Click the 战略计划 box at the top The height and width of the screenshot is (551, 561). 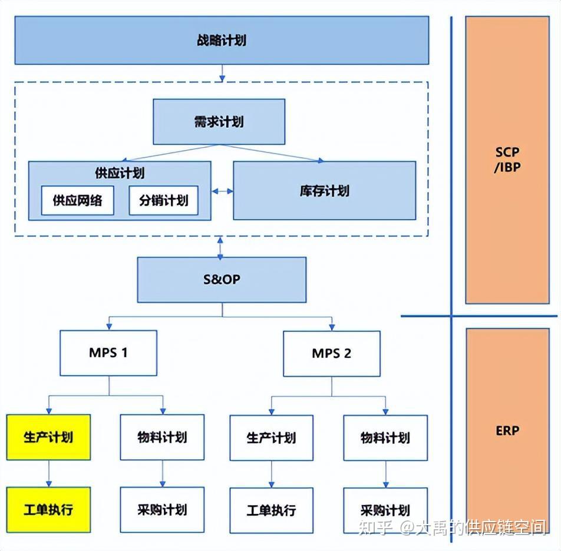pos(222,40)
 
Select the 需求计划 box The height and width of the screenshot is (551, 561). pos(219,122)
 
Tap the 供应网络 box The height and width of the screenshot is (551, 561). pos(77,200)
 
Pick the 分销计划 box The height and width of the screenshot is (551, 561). pos(163,200)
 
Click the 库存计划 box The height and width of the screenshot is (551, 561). pos(324,190)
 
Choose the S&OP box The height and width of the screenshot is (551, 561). pos(222,279)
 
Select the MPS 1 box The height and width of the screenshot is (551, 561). pos(108,353)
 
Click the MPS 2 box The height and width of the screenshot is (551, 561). pos(331,353)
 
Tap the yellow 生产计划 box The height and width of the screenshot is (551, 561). pos(48,437)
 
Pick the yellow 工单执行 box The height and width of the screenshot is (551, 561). pos(48,509)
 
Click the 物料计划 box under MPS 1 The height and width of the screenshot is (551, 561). pos(162,437)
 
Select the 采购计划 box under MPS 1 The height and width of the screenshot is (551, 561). pos(162,509)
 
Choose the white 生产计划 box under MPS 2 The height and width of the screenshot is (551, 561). pos(271,437)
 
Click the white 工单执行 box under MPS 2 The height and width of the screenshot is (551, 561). pos(271,510)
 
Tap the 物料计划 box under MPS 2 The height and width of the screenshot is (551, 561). pos(385,437)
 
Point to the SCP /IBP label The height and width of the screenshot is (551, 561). pos(507,159)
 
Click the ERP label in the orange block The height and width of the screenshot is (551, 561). pos(507,430)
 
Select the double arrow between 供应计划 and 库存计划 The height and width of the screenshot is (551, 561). pos(222,191)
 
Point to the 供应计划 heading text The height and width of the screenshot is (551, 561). pos(119,173)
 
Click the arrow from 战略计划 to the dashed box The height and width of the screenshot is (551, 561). pos(222,72)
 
